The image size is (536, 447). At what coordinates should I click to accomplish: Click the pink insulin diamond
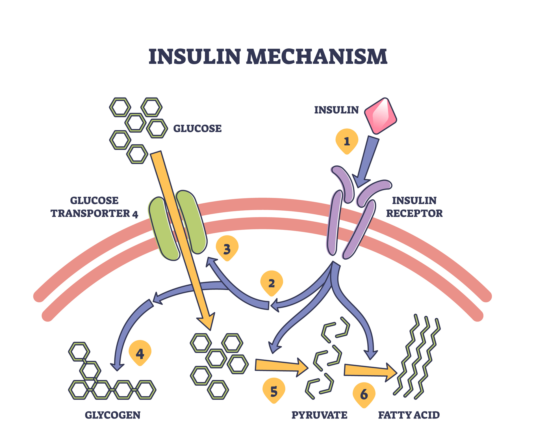[380, 115]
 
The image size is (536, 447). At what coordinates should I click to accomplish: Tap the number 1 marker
[347, 141]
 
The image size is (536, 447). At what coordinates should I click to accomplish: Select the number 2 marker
[272, 283]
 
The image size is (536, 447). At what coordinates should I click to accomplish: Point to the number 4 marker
[140, 353]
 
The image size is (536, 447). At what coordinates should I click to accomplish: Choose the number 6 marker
[364, 394]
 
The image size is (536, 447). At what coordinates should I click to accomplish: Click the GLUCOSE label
[197, 129]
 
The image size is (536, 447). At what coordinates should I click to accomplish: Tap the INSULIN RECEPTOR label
[414, 207]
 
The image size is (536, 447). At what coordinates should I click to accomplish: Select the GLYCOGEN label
[112, 415]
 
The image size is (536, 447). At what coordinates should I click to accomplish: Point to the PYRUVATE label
[319, 415]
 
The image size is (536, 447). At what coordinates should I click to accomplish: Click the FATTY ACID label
[409, 415]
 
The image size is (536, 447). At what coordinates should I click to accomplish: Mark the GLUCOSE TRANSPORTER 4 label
[94, 207]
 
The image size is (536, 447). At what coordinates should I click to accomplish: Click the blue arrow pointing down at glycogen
[124, 334]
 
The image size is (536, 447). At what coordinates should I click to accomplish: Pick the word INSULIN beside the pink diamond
[336, 110]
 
